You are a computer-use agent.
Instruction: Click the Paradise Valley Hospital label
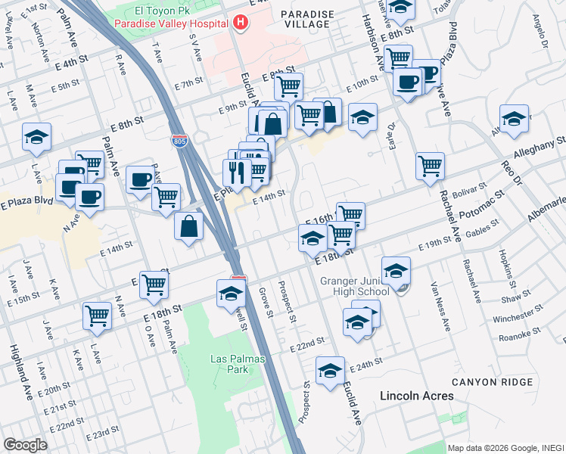(x=171, y=23)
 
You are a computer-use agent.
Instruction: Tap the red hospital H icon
(x=241, y=23)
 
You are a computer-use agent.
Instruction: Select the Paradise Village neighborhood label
(x=305, y=19)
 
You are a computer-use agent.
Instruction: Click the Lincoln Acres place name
(x=417, y=396)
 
